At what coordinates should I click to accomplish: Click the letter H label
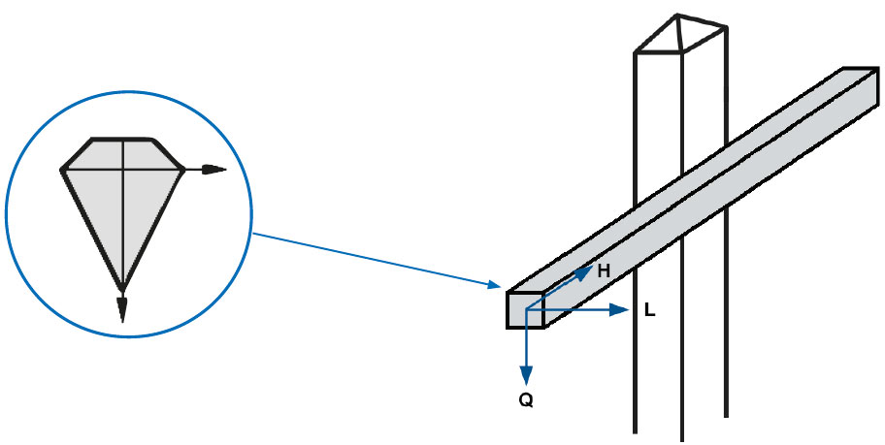click(x=604, y=271)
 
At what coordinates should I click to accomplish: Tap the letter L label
click(x=649, y=310)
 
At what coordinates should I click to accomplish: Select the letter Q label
click(x=526, y=401)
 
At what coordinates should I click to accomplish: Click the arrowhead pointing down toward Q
click(x=526, y=374)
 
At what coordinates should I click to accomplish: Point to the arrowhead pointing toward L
click(x=619, y=309)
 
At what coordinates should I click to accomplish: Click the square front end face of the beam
click(x=525, y=310)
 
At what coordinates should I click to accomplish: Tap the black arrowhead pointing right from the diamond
click(x=214, y=170)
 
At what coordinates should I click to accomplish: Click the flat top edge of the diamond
click(x=122, y=139)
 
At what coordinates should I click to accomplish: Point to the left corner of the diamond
click(x=61, y=170)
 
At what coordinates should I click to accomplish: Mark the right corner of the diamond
click(x=182, y=170)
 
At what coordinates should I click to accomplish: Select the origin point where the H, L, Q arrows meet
click(x=526, y=309)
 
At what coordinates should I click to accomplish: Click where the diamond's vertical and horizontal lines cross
click(x=123, y=170)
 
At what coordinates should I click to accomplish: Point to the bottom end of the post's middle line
click(x=682, y=439)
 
